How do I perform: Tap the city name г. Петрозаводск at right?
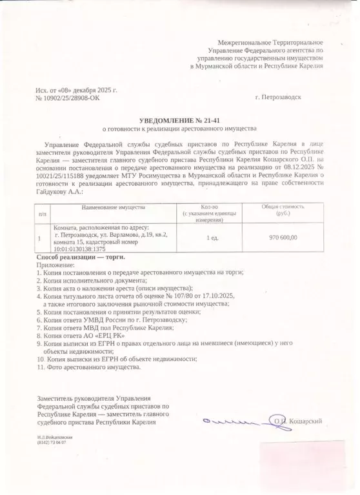click(x=277, y=97)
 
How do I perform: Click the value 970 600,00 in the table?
click(x=283, y=237)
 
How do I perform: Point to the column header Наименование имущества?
click(x=113, y=207)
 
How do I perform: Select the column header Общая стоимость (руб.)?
click(x=283, y=210)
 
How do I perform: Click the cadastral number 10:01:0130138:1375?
click(x=79, y=249)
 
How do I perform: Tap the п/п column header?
click(x=43, y=212)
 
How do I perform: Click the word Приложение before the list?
click(x=56, y=265)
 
